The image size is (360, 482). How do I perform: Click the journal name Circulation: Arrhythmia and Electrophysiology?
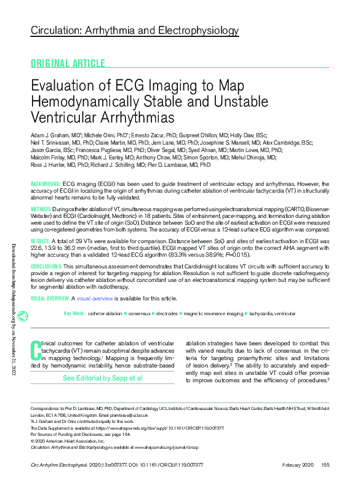coord(135,30)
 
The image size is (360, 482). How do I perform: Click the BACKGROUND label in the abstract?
coord(45,184)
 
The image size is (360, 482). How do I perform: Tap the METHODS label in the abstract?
coord(42,210)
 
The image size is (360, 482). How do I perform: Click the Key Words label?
coord(74,313)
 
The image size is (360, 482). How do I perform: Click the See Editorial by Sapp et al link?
coord(102,377)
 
